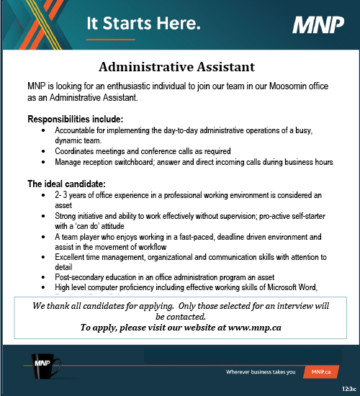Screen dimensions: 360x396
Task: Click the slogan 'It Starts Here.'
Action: [143, 24]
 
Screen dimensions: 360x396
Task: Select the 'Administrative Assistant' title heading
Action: [176, 68]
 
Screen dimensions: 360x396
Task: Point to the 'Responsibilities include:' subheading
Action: [75, 118]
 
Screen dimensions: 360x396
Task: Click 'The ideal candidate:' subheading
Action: [66, 184]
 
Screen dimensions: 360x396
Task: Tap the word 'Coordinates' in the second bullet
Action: [77, 151]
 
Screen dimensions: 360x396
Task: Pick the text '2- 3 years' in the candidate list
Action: [72, 195]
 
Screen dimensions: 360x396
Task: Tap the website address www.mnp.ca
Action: [248, 328]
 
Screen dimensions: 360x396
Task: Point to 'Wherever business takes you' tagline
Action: [261, 372]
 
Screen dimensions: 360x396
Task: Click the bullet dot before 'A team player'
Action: [45, 236]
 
